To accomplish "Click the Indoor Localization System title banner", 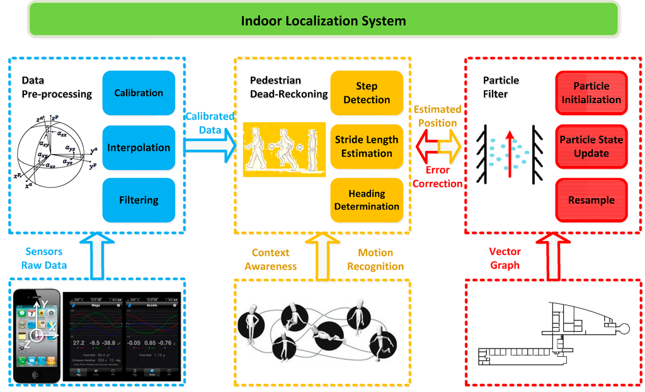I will pyautogui.click(x=322, y=20).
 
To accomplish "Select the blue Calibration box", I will pyautogui.click(x=139, y=93).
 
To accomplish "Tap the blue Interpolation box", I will pyautogui.click(x=139, y=148).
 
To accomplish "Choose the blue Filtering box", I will pyautogui.click(x=139, y=201).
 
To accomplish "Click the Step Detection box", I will pyautogui.click(x=367, y=93).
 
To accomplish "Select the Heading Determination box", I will pyautogui.click(x=367, y=200).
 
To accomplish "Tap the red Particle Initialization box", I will pyautogui.click(x=591, y=93).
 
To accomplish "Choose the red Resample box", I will pyautogui.click(x=591, y=200).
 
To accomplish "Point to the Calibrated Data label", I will pyautogui.click(x=209, y=123).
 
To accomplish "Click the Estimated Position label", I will pyautogui.click(x=437, y=115).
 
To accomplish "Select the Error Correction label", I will pyautogui.click(x=437, y=177).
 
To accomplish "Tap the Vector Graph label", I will pyautogui.click(x=505, y=258).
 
